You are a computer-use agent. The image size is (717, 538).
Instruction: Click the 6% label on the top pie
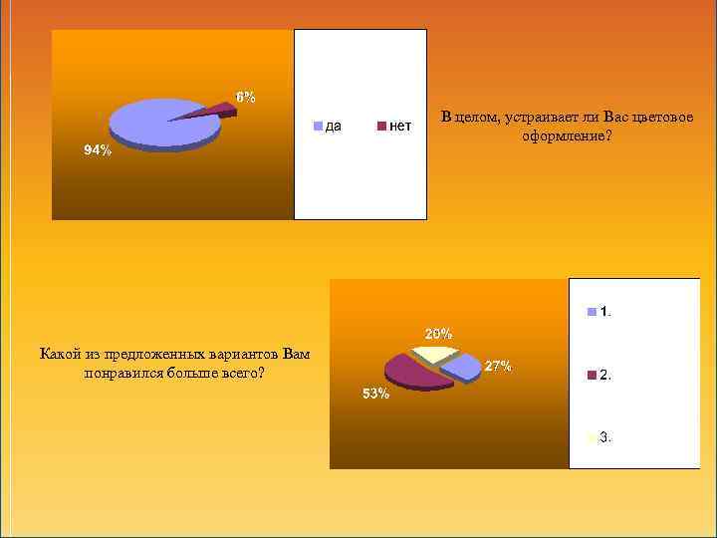pos(245,97)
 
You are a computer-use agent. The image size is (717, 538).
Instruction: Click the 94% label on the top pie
pos(98,150)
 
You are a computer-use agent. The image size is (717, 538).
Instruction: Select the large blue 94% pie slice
pos(159,123)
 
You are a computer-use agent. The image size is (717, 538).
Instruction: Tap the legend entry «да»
pos(335,126)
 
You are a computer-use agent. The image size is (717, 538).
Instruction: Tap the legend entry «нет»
pos(400,126)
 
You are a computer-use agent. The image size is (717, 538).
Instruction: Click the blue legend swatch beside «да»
pos(319,127)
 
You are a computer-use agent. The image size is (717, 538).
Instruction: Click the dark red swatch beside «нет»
pos(381,127)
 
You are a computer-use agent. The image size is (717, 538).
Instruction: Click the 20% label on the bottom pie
pos(439,333)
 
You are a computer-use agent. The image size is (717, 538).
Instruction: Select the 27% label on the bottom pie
pos(498,367)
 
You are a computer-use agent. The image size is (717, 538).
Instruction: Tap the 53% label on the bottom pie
pos(375,394)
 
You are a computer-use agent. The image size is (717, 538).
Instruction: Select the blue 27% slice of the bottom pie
pos(459,367)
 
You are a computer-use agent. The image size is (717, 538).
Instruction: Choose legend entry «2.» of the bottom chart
pos(605,376)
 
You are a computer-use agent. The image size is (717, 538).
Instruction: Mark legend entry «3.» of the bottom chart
pos(605,436)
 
